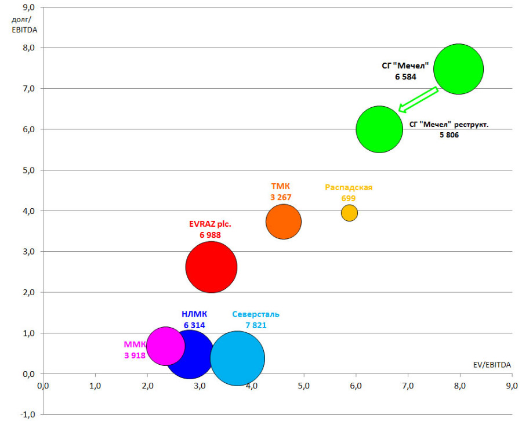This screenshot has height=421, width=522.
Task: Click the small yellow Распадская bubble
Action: click(349, 213)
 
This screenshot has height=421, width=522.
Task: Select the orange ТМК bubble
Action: click(284, 222)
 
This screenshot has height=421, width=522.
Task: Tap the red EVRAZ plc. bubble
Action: click(211, 267)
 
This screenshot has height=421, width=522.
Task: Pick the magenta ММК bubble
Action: click(165, 346)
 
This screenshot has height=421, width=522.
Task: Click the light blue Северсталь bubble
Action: click(238, 358)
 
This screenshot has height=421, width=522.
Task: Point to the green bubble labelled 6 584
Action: click(458, 68)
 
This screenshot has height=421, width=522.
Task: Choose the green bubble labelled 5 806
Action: click(379, 129)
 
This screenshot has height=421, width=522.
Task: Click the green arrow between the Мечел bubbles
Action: click(418, 99)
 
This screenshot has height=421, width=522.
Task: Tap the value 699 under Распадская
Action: click(349, 198)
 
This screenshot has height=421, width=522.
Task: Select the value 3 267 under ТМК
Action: click(281, 197)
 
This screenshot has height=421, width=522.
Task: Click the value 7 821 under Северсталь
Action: click(256, 325)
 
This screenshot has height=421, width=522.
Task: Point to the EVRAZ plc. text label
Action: click(210, 224)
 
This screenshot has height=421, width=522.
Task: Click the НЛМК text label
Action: click(194, 315)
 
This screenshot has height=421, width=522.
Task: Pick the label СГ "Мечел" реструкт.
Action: click(449, 124)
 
